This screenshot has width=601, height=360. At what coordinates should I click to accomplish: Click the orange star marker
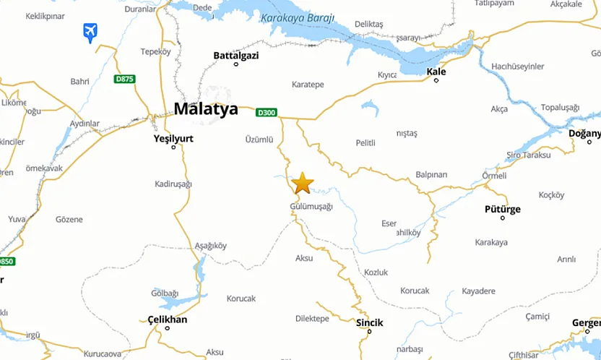303,183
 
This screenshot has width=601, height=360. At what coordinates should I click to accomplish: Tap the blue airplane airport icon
90,32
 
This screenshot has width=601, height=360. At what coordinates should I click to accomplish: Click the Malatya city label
206,109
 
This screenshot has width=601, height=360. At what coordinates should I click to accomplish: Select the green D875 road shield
124,79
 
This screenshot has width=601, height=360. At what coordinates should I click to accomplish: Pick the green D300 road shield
267,112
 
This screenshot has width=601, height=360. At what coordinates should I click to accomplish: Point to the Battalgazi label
235,55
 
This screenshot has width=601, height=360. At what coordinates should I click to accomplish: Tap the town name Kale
436,72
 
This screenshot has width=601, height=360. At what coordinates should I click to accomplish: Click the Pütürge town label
502,209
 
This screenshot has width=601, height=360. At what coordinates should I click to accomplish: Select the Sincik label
369,322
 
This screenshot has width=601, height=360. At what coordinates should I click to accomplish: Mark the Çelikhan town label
167,320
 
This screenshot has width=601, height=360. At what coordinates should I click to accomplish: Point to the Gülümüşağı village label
311,207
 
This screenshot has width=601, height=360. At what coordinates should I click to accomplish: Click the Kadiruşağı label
173,184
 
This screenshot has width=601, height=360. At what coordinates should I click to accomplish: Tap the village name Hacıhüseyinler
517,66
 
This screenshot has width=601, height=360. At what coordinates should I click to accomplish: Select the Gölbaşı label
164,293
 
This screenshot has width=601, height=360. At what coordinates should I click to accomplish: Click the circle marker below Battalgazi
235,64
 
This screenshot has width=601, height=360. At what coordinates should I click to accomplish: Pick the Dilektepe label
312,318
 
